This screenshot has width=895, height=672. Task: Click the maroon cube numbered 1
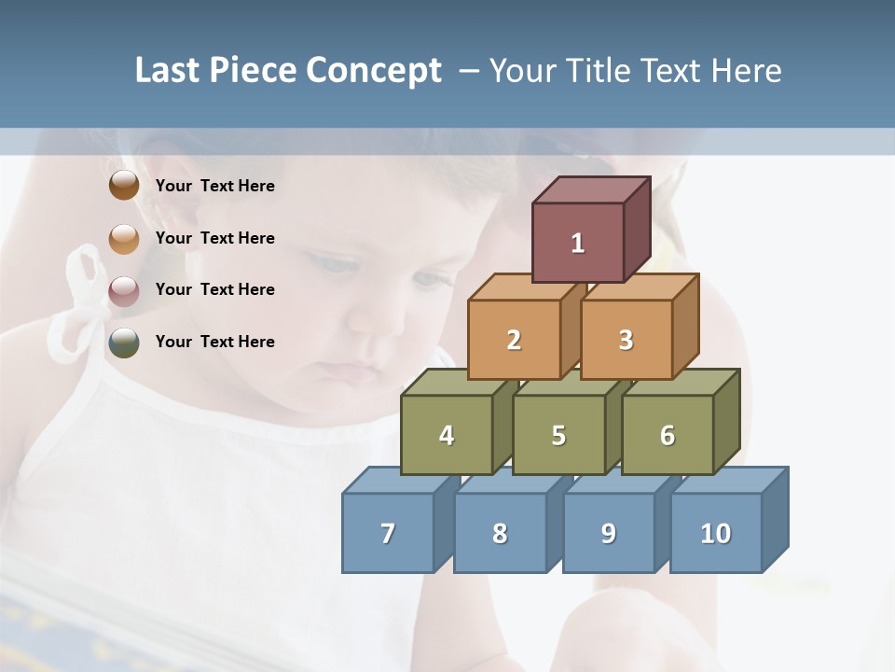578,243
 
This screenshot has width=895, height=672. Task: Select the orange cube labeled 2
514,340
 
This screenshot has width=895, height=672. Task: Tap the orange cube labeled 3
626,340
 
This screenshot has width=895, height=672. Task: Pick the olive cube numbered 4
447,435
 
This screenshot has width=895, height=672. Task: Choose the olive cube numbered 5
558,435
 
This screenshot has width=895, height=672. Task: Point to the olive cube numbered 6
668,435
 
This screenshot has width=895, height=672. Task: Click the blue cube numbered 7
388,533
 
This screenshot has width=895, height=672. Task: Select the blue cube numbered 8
500,533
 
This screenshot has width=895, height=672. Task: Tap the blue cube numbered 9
609,533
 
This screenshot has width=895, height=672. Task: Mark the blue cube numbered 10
716,533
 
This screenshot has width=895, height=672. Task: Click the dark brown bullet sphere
124,185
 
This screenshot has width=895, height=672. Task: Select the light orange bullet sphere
124,239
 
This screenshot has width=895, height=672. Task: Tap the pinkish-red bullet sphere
124,291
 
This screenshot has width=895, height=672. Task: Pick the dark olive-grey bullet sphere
124,343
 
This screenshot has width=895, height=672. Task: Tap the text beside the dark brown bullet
215,186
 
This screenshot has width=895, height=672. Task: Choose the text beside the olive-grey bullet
215,342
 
